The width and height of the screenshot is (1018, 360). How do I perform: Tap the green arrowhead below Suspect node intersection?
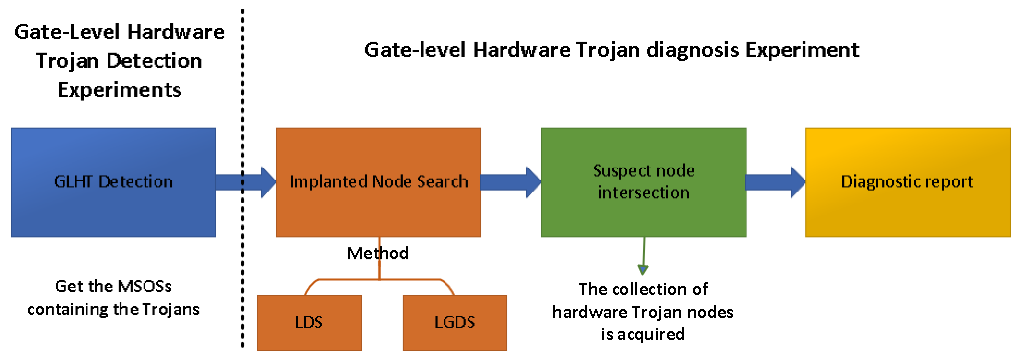[x=642, y=270]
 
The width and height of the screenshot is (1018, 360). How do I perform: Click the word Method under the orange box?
[x=377, y=253]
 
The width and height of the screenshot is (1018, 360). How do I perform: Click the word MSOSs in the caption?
[x=145, y=286]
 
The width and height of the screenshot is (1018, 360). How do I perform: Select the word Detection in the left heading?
[x=154, y=61]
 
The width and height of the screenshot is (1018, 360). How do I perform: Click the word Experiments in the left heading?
[x=119, y=90]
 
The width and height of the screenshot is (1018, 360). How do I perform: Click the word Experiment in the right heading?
[x=802, y=50]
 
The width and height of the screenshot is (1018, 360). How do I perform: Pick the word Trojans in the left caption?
[x=171, y=309]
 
